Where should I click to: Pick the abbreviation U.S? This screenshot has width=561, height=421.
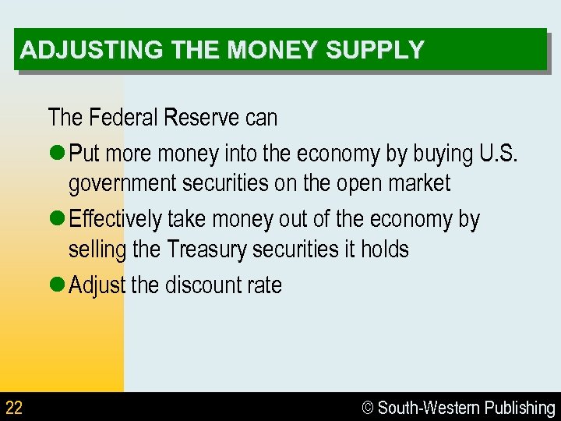pyautogui.click(x=497, y=154)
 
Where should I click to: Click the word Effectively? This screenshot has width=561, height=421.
pyautogui.click(x=115, y=219)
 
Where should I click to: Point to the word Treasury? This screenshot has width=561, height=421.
pyautogui.click(x=206, y=249)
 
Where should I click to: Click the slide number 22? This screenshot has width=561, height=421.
pyautogui.click(x=14, y=408)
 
